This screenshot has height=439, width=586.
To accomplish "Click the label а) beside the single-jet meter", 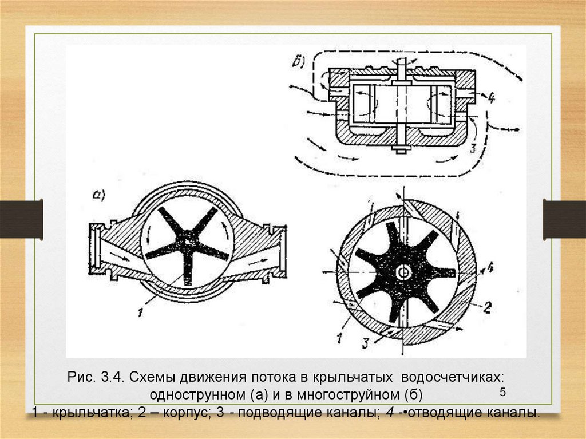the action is pos(99,195).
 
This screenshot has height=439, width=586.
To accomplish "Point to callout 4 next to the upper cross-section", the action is pos(491,98).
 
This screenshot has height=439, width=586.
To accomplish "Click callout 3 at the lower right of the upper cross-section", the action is pos(472,148).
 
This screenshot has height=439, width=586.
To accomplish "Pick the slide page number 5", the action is pos(502,392).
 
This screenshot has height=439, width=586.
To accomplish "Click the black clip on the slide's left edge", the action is pos(21,219).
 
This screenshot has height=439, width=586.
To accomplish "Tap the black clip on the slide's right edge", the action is pos(564,219).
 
